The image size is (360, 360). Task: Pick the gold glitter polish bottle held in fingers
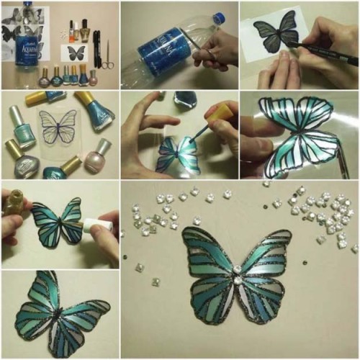[12, 202]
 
